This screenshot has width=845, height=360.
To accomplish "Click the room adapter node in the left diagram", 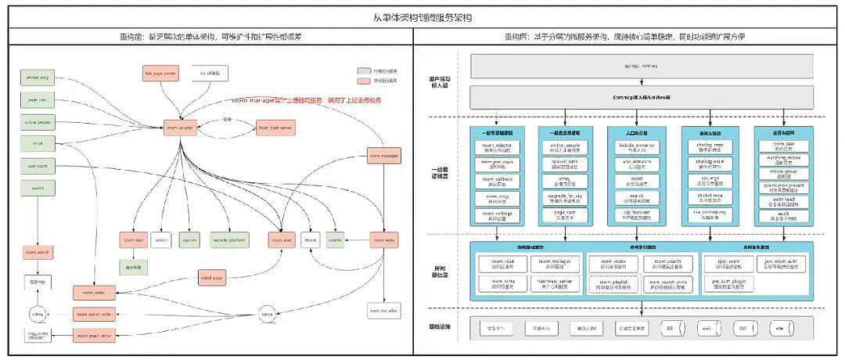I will click(179, 127).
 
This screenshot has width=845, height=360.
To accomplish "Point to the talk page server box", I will click(160, 73).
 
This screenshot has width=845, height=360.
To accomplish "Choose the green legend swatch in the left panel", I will click(363, 70).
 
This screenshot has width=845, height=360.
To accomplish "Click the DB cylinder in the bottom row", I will click(671, 328).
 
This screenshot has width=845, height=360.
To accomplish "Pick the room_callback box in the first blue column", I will click(493, 181).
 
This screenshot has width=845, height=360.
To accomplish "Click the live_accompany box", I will click(708, 214).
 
